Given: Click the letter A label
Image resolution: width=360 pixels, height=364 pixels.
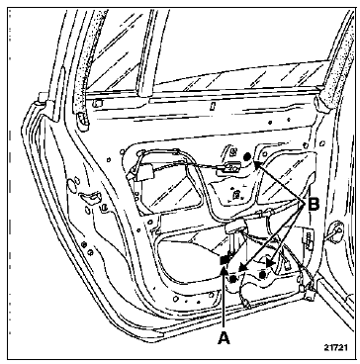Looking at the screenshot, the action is click(224, 337).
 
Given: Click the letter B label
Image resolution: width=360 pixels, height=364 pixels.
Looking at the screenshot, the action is click(314, 205).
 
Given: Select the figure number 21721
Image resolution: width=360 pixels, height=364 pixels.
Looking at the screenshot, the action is click(335, 347).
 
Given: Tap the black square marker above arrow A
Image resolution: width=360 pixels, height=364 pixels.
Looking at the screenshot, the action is click(225, 260).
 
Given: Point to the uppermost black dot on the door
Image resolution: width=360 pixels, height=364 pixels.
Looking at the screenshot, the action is click(247, 157).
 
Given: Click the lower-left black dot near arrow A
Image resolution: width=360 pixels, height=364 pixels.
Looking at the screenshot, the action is click(233, 279).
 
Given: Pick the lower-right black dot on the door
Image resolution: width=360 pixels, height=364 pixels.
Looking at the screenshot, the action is click(263, 274).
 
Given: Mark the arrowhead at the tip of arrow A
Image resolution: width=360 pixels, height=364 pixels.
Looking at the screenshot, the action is click(224, 269).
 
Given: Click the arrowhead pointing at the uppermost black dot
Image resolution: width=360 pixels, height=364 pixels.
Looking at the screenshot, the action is click(257, 163).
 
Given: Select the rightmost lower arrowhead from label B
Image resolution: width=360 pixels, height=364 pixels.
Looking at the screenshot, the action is click(270, 263).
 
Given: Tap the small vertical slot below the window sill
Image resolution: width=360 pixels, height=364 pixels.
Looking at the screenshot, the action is click(213, 106).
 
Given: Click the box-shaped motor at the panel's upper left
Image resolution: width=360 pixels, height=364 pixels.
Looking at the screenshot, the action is click(143, 173).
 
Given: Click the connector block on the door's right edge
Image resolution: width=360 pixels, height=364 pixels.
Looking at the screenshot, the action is click(309, 238).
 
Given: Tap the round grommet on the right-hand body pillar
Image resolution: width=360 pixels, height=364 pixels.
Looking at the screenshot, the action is click(335, 228).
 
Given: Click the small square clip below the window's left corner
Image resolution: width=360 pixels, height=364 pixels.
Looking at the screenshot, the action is click(97, 104).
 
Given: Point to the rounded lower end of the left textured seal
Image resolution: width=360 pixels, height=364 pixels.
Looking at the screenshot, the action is click(83, 123).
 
